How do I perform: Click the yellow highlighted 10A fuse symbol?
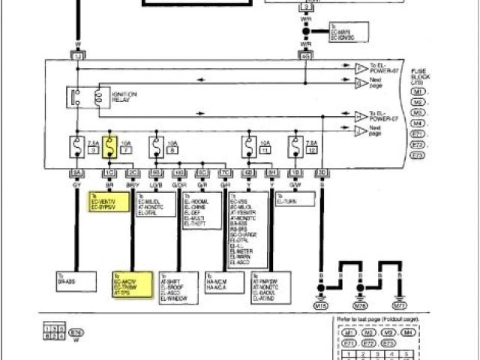pyautogui.click(x=109, y=144)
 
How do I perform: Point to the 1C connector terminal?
pyautogui.click(x=109, y=172)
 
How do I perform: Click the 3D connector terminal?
pyautogui.click(x=322, y=172)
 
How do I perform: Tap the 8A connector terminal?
pyautogui.click(x=76, y=172)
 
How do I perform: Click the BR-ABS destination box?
pyautogui.click(x=76, y=281)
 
